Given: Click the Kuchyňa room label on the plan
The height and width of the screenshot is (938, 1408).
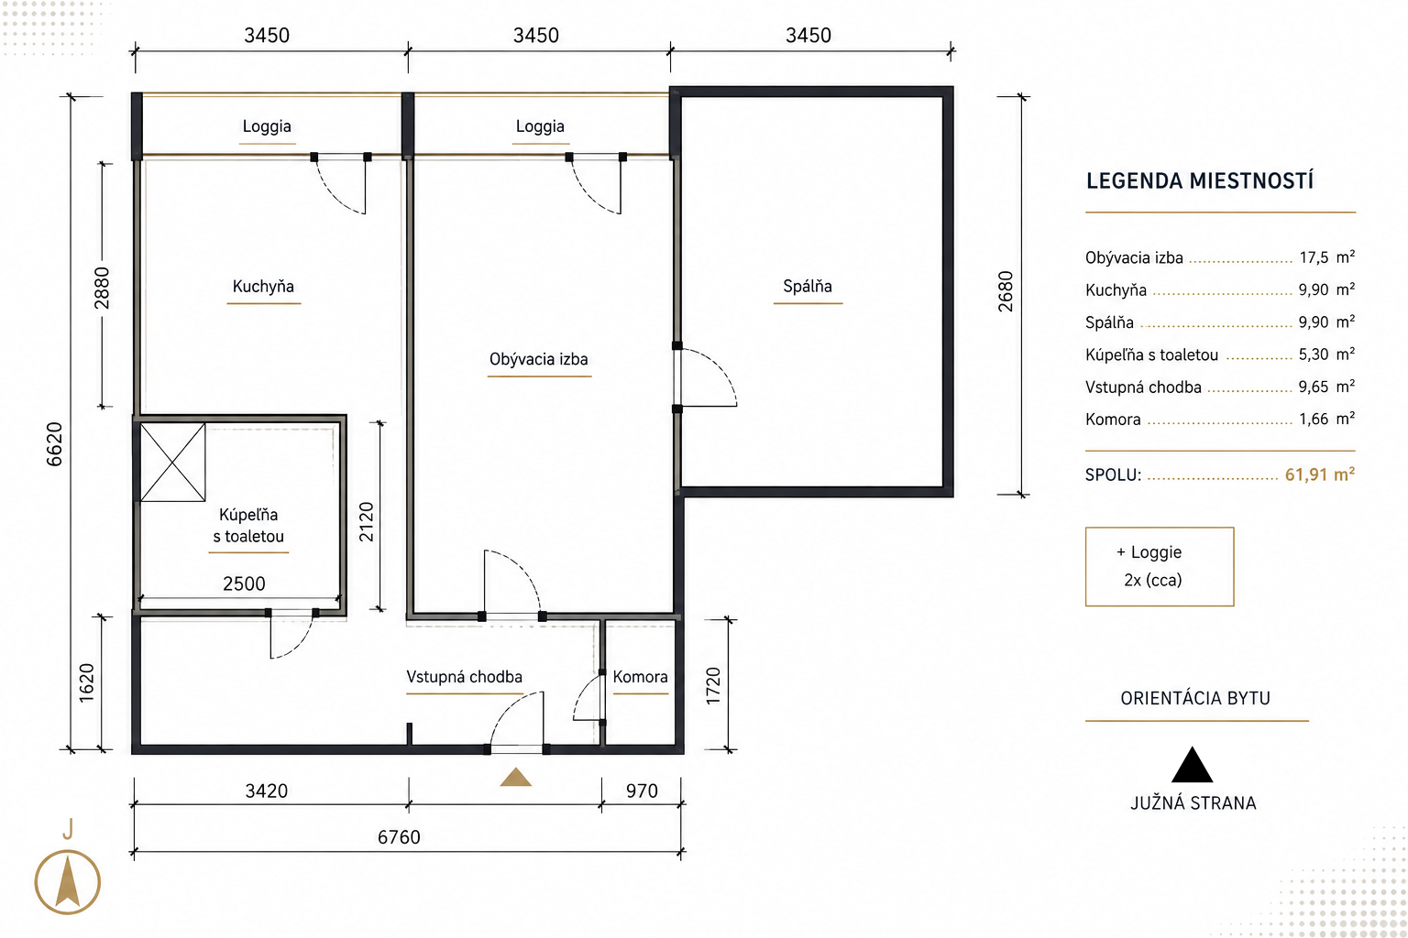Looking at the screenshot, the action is click(263, 287).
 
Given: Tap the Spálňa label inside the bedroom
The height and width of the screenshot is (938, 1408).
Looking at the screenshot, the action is click(808, 286).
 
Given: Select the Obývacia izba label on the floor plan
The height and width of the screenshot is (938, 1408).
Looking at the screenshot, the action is click(539, 359).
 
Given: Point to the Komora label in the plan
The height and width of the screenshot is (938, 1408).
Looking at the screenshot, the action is click(640, 677).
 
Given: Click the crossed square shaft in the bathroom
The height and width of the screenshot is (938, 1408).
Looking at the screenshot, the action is click(173, 463).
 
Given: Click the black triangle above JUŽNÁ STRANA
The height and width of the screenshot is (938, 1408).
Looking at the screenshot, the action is click(1192, 765).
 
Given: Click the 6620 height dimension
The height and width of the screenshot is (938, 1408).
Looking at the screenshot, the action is click(55, 444).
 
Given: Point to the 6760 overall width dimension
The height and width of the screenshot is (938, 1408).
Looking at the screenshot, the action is click(399, 837).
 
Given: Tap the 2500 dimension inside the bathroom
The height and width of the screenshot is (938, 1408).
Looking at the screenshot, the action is click(244, 584).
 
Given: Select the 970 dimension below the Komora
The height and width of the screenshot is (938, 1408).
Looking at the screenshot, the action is click(642, 791).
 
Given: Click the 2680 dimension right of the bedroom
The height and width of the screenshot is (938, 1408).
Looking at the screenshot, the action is click(1006, 291).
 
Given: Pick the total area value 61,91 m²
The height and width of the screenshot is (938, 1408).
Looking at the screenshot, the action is click(1319, 474).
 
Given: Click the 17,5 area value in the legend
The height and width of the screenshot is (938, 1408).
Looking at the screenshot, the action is click(1314, 257).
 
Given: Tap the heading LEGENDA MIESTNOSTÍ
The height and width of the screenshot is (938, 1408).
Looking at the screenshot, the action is click(1200, 181).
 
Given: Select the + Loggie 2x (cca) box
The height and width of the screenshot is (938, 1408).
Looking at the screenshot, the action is click(1160, 567).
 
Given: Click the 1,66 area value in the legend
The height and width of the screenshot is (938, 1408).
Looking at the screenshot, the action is click(1314, 419).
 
